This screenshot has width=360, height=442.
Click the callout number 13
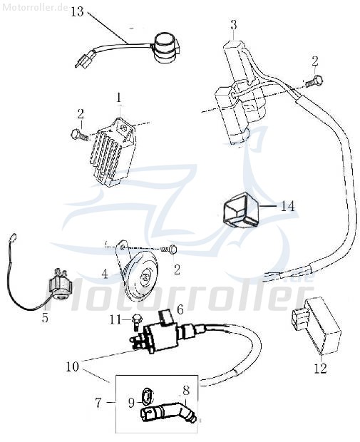point(77,12)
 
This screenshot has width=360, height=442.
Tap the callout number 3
point(234,25)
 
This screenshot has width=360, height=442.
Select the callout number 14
point(287,206)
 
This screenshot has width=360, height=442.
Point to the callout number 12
point(320,369)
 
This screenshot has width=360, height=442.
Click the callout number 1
point(119,98)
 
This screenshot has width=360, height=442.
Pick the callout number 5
point(45,318)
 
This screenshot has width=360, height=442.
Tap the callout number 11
point(116,319)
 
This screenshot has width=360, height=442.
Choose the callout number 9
point(132,404)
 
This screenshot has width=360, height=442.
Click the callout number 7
point(98,403)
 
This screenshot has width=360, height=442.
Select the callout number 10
point(73,366)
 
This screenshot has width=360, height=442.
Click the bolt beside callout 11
point(137,322)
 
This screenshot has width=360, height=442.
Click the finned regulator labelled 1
point(113,153)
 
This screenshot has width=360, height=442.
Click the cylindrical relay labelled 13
point(165,48)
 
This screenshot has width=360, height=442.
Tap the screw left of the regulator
point(80,135)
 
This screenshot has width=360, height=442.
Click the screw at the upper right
point(314,80)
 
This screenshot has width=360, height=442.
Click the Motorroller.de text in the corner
point(35,8)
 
